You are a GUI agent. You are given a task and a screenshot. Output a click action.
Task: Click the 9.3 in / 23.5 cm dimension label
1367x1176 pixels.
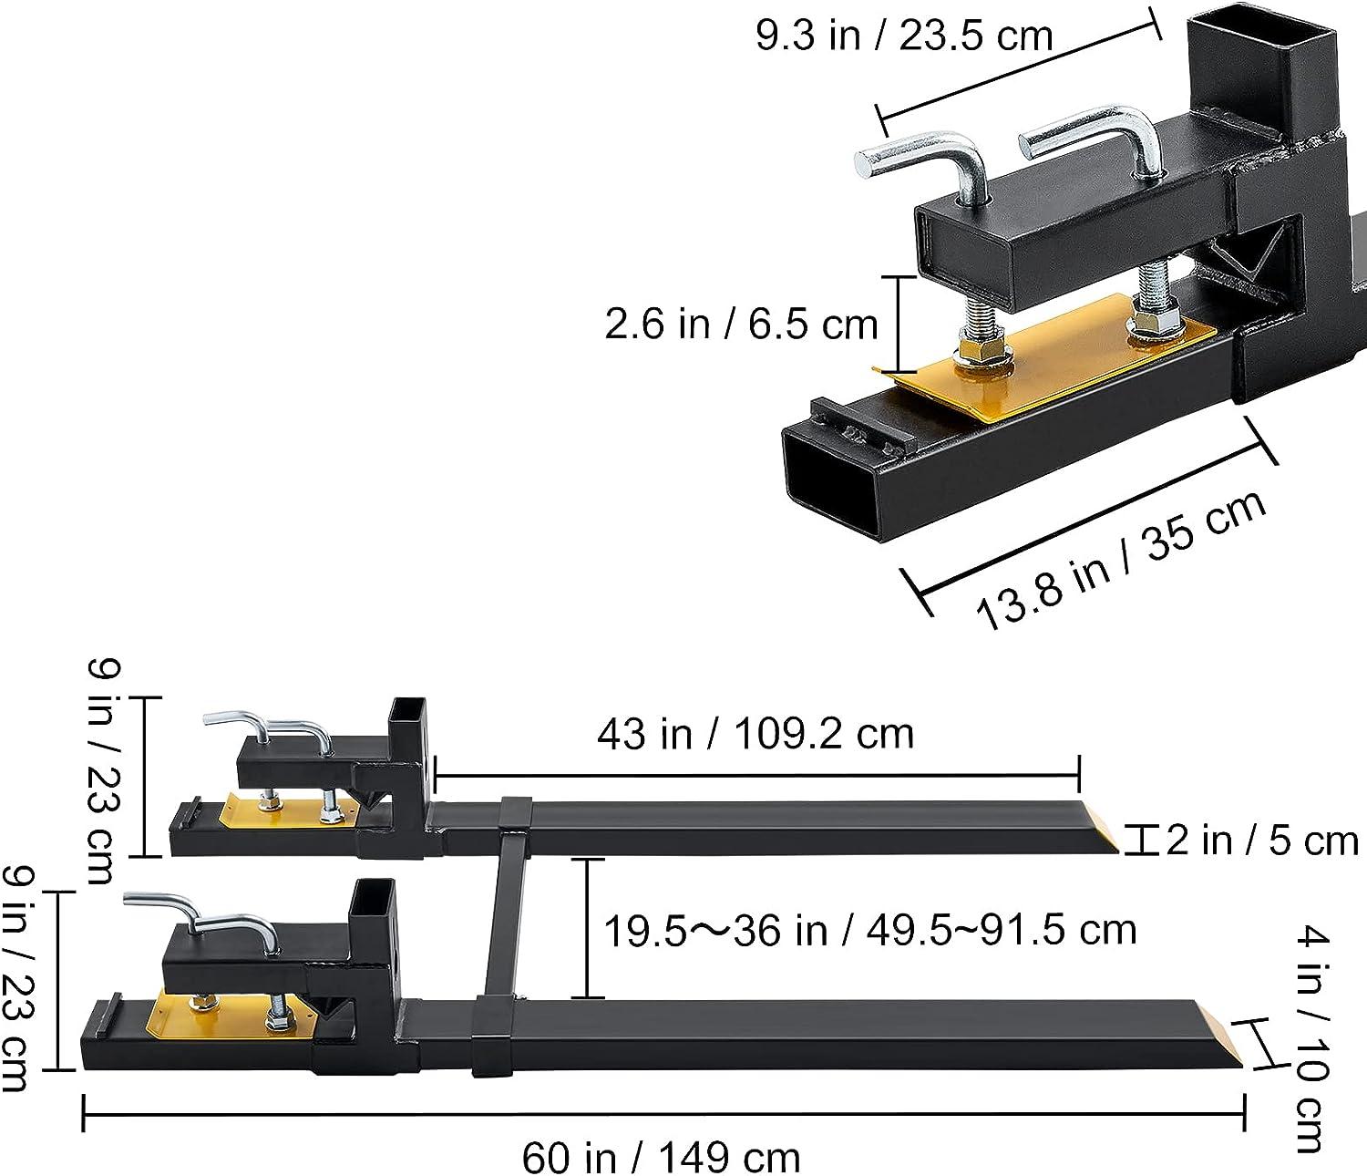click(904, 36)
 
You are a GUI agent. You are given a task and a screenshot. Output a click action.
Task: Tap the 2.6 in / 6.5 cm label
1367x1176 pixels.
click(741, 325)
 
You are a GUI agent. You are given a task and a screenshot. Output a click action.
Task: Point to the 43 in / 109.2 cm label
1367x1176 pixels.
click(755, 734)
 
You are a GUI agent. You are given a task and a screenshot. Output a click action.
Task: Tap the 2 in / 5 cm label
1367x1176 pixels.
click(1261, 841)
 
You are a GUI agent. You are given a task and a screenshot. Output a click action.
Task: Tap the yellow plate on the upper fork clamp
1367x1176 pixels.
click(290, 811)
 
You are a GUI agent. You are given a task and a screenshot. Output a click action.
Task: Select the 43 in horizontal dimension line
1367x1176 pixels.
click(757, 773)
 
